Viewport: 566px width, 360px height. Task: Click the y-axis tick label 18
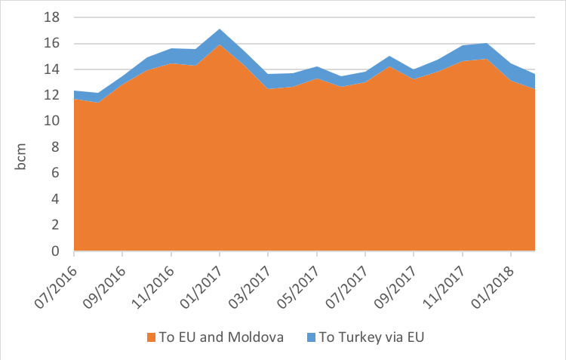tap(56, 17)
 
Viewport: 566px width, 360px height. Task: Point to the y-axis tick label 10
tap(56, 121)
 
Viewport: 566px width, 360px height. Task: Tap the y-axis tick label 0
tap(59, 251)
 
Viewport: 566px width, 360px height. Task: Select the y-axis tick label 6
tap(59, 173)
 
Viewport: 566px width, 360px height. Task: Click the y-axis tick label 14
tap(56, 69)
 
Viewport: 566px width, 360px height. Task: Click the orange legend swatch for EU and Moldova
tap(151, 337)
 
